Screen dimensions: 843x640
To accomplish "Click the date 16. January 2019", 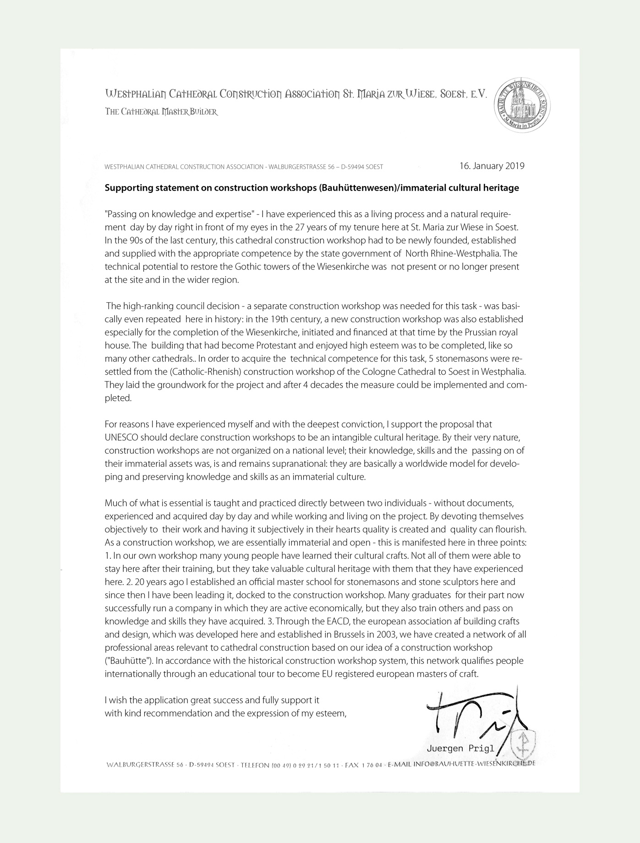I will click(492, 166).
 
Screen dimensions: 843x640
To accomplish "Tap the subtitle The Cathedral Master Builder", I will click(161, 112).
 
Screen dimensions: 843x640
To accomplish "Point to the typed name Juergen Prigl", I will click(460, 749).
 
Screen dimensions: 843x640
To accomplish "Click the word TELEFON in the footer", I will click(255, 765).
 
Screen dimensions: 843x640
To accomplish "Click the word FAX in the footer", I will click(351, 765).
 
